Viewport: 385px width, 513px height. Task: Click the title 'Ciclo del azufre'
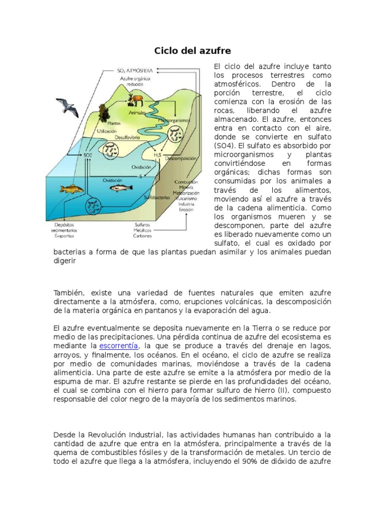coord(192,51)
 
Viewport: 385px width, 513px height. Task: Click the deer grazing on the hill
coord(135,99)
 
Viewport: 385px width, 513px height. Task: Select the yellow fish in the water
coord(71,189)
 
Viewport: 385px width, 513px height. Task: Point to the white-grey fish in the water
coord(121,188)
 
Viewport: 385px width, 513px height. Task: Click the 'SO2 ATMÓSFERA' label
coord(135,71)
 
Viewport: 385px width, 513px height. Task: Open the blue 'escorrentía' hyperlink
coord(118,346)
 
